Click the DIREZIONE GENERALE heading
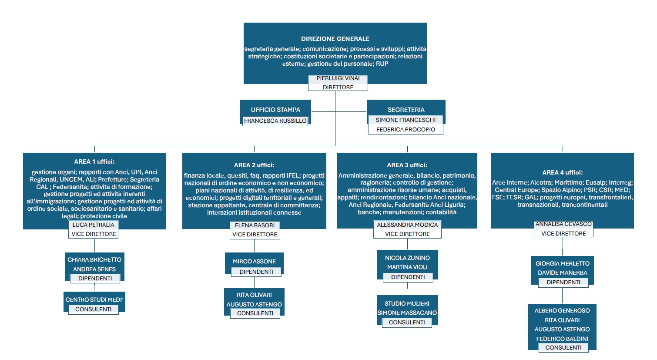(335, 39)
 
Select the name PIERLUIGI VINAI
(338, 78)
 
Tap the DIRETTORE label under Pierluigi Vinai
(338, 87)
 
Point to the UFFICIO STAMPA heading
(275, 110)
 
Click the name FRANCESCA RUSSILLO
(275, 121)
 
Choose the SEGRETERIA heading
(406, 110)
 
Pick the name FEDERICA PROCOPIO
(406, 129)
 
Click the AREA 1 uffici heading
(94, 161)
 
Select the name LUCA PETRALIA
(93, 225)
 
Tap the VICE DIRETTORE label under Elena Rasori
(255, 235)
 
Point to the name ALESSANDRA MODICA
(407, 225)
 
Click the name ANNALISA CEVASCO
(563, 224)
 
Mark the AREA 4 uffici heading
(562, 172)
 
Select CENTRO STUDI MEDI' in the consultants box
(94, 299)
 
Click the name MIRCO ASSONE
(254, 262)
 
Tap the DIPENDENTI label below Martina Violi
(408, 277)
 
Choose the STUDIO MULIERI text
(407, 304)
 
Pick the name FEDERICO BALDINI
(562, 339)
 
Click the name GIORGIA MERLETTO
(562, 263)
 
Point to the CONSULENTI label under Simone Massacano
(406, 322)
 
